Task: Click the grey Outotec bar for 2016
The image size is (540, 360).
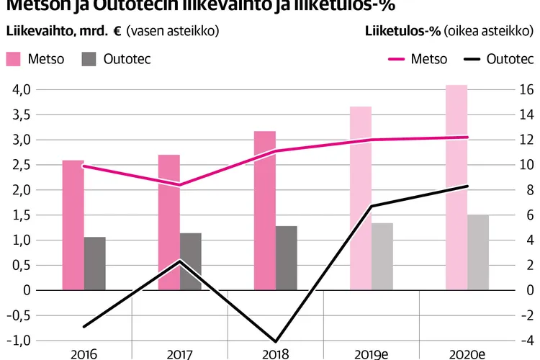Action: [x=95, y=264]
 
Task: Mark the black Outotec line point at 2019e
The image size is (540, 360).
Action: [x=371, y=207]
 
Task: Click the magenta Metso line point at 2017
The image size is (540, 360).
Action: [x=179, y=185]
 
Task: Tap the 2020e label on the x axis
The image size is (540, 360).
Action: [x=467, y=354]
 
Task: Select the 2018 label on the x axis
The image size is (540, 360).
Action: [x=275, y=354]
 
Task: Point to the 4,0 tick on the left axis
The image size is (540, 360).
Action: [x=22, y=90]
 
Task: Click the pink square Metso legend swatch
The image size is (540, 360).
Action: [x=14, y=59]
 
